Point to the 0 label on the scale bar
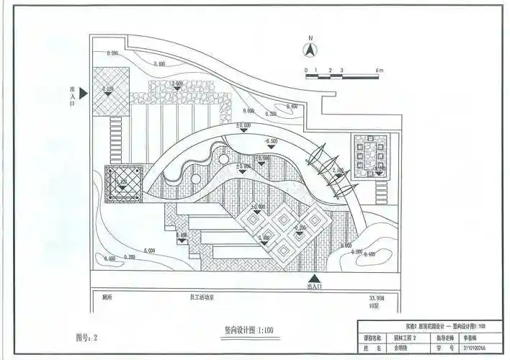click(x=306, y=70)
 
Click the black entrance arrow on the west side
click(x=84, y=92)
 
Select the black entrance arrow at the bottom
click(x=313, y=279)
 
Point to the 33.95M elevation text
click(x=376, y=297)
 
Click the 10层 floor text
click(x=372, y=305)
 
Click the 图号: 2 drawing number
click(x=86, y=336)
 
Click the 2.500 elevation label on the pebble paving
click(x=179, y=84)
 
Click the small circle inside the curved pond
click(x=224, y=158)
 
